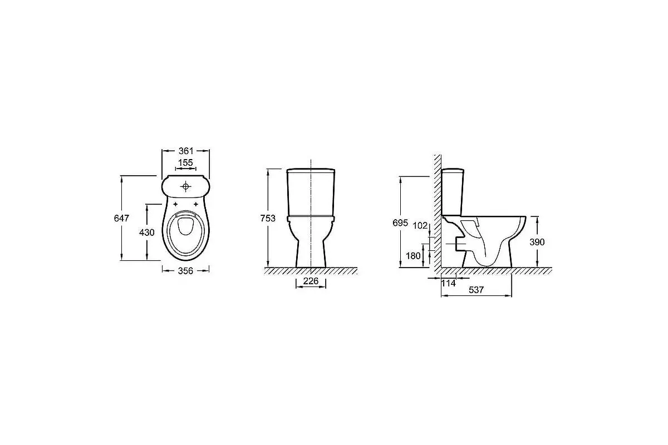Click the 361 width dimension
pyautogui.click(x=186, y=151)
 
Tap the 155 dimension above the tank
pyautogui.click(x=185, y=163)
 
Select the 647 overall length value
pyautogui.click(x=121, y=219)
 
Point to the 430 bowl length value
pyautogui.click(x=147, y=232)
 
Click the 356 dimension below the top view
pyautogui.click(x=185, y=271)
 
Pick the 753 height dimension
pyautogui.click(x=268, y=219)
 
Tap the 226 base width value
pyautogui.click(x=311, y=281)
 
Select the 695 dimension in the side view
pyautogui.click(x=400, y=223)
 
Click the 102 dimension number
pyautogui.click(x=420, y=226)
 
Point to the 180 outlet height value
pyautogui.click(x=413, y=256)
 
